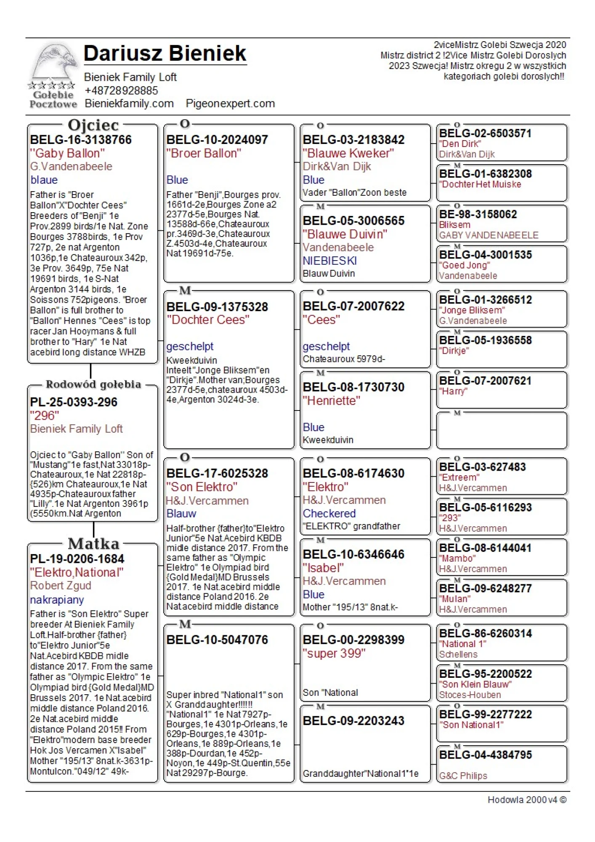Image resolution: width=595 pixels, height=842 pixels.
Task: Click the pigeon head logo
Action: click(x=53, y=63)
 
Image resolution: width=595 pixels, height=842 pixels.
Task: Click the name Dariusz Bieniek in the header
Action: click(x=165, y=53)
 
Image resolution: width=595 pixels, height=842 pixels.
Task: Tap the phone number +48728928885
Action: click(x=121, y=91)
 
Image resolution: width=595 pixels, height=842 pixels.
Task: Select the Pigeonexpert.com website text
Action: click(x=230, y=104)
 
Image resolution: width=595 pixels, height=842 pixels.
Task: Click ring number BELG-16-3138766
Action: click(x=81, y=140)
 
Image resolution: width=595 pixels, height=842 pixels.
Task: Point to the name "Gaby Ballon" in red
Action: click(x=67, y=153)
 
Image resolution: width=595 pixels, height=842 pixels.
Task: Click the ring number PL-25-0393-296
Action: click(x=74, y=402)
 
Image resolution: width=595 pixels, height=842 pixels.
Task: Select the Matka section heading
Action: click(x=93, y=544)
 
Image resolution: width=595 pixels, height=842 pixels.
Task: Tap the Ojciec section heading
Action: click(x=93, y=125)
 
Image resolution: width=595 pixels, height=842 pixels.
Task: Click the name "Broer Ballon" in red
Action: click(x=204, y=153)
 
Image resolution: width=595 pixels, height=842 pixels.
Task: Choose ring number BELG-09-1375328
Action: click(x=217, y=307)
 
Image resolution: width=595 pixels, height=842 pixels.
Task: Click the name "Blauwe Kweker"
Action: click(x=348, y=153)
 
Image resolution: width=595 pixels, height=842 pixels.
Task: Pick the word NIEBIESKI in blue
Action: click(x=329, y=261)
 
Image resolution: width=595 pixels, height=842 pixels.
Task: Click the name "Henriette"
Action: click(x=332, y=401)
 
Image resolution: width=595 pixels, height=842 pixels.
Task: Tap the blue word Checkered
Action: click(x=329, y=514)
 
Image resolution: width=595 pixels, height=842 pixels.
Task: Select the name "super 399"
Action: click(x=334, y=653)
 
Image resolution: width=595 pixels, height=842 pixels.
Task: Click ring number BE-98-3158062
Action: click(x=478, y=214)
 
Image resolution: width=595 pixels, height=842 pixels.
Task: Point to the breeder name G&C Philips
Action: click(x=463, y=776)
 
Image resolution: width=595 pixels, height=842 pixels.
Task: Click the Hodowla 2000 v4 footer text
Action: click(x=526, y=800)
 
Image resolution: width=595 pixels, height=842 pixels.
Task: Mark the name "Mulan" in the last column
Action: click(x=455, y=599)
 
